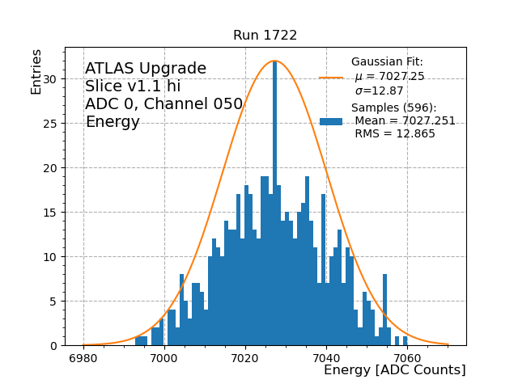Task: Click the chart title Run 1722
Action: pos(265,36)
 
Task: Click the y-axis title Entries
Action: pos(36,72)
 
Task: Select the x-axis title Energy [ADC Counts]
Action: pos(394,370)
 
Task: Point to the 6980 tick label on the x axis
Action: pos(83,358)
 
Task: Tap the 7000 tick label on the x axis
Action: pos(164,358)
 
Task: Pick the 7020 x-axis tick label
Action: pos(245,358)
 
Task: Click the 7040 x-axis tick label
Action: pos(326,358)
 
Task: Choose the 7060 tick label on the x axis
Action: pos(407,358)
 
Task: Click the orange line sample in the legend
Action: pos(330,78)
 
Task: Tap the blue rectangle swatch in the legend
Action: pos(330,121)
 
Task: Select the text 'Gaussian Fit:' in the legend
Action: pos(387,62)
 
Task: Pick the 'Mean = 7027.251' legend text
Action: pos(405,121)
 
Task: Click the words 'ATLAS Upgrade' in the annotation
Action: pos(146,69)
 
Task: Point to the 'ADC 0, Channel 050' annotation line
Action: pos(163,104)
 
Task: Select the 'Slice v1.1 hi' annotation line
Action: pos(133,86)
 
